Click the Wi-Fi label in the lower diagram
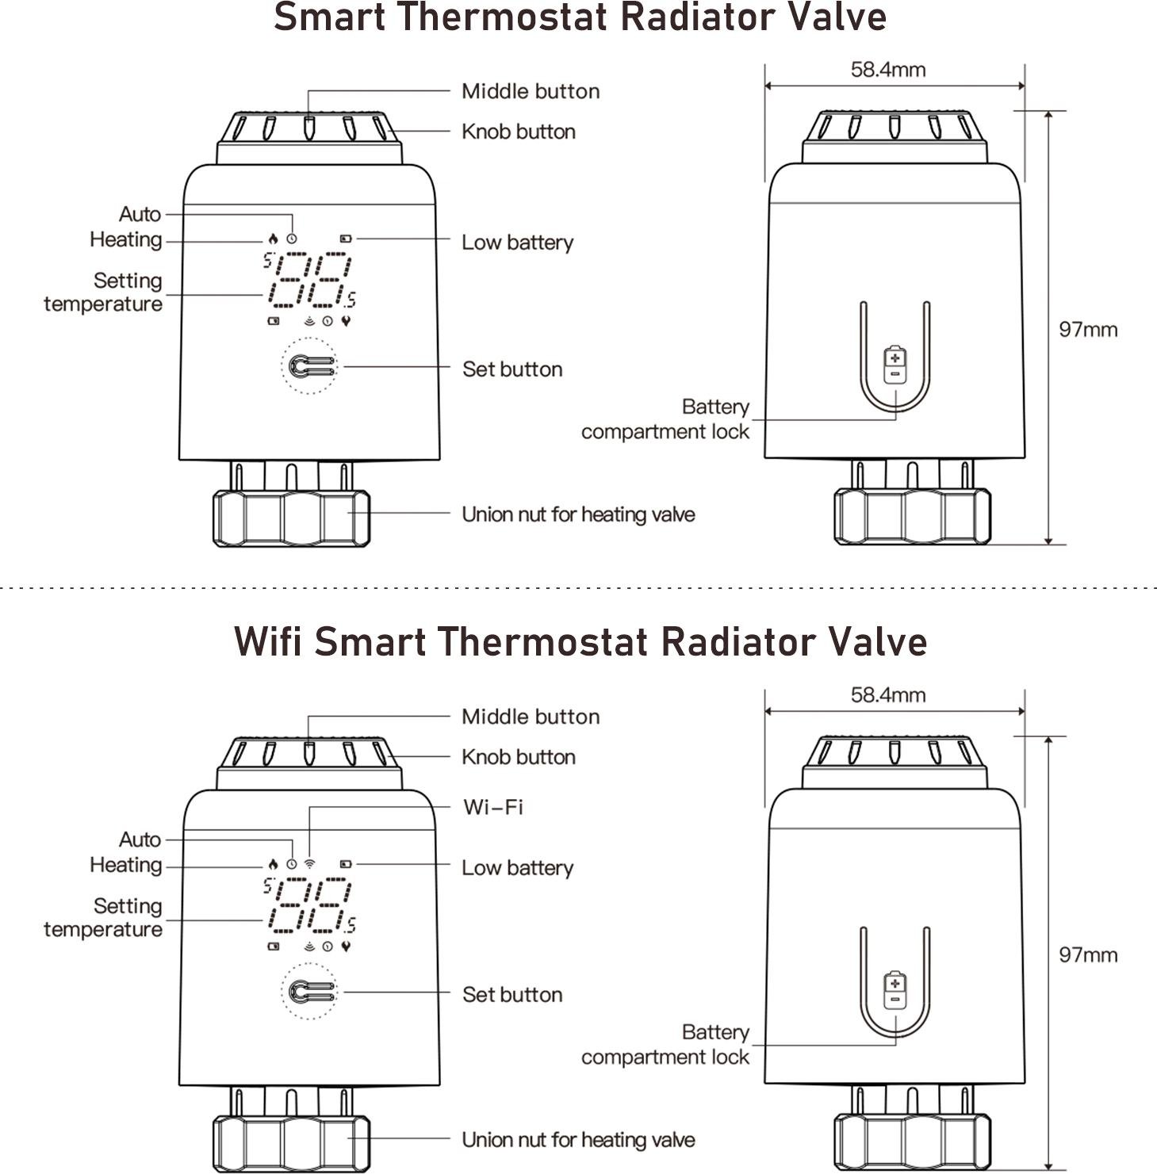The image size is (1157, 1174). coord(492,807)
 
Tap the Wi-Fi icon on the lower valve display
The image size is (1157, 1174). coord(309,863)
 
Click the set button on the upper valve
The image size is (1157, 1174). coord(309,366)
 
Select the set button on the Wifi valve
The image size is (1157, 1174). coord(309,992)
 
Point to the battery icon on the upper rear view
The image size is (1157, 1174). coord(895,365)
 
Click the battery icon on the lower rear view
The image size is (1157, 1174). coord(895,990)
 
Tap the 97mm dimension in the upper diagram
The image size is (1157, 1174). coord(1088,329)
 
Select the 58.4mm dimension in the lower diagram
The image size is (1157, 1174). coord(888,695)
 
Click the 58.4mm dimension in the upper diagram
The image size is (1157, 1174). coord(888,70)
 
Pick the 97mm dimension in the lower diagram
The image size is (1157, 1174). coord(1088,954)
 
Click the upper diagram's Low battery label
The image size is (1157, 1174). coord(517,243)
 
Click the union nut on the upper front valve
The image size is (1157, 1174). coord(292,518)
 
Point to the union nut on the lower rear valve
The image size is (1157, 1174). coord(912,1142)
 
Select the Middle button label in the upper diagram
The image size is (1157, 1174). coord(531,91)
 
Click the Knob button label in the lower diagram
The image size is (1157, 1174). coord(519,757)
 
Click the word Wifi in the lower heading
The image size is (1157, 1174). coord(268,641)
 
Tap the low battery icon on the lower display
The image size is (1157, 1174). coord(345,863)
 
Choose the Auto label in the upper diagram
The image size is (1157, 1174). coord(140,214)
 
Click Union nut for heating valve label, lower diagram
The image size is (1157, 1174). coord(578,1140)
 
